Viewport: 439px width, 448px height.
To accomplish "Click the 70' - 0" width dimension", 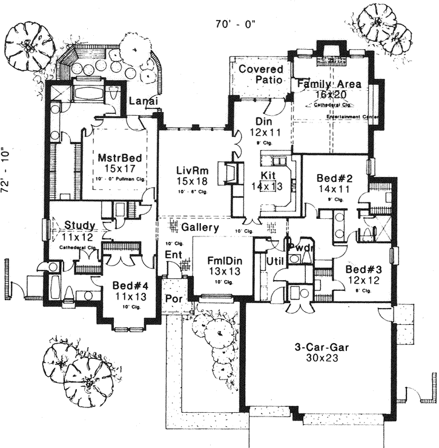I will [x=236, y=24].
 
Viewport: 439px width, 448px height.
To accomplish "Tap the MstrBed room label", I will [x=117, y=159].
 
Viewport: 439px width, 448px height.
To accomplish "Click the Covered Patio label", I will [x=260, y=75].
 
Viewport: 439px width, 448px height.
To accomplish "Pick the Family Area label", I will [x=329, y=84].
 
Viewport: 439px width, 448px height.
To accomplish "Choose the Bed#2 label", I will [x=332, y=179].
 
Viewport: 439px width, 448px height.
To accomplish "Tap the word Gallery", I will [x=200, y=227].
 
